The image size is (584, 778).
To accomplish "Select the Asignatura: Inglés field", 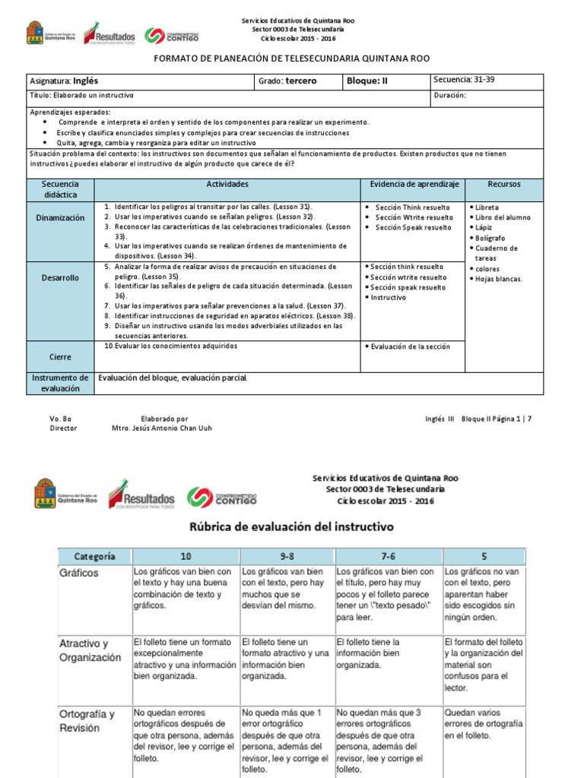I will point(65,81).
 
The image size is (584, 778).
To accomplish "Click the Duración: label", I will point(455,96).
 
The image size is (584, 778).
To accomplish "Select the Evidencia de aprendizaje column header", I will point(414,185).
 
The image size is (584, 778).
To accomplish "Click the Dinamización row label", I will point(61,217).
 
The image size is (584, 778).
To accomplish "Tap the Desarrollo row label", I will point(61,278).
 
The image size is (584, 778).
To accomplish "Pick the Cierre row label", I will point(61,356).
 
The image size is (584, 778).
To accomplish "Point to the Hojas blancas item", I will point(498,279).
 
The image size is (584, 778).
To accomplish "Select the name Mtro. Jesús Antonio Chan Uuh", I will point(162,428).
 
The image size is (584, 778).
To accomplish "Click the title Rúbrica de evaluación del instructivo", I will point(291,526).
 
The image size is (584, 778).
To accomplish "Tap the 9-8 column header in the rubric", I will point(286,555).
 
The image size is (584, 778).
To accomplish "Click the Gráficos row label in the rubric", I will point(79,573).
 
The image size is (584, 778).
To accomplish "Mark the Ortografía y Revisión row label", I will point(87,720).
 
